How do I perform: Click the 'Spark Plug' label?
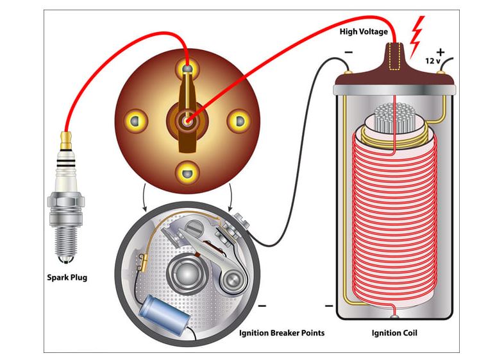pos(67,278)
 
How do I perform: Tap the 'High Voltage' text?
pos(364,31)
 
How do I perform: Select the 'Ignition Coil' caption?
pos(395,333)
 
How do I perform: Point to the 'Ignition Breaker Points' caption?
pos(281,333)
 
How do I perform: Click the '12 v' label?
pos(433,62)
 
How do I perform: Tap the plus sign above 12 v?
pos(441,51)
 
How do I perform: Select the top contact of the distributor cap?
pos(187,68)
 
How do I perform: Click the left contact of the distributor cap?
pos(135,119)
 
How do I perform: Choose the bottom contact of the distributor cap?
pos(187,171)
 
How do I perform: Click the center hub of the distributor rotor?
pos(187,120)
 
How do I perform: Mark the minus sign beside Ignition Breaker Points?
pos(262,306)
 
